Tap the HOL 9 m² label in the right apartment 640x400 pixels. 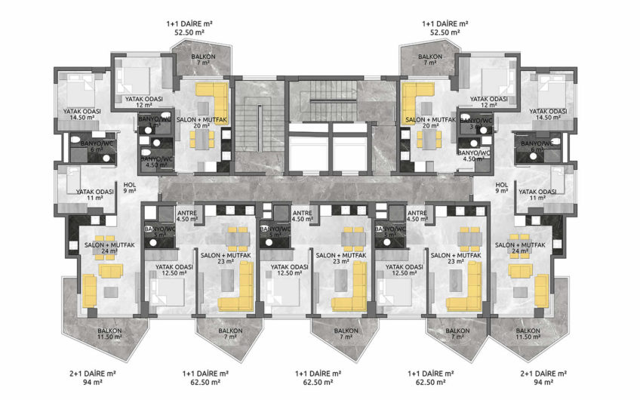coord(500,188)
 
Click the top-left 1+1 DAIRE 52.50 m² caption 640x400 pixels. coord(189,28)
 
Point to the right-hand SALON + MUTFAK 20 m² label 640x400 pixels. coord(429,123)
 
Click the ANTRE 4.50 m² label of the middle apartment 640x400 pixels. coord(302,217)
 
